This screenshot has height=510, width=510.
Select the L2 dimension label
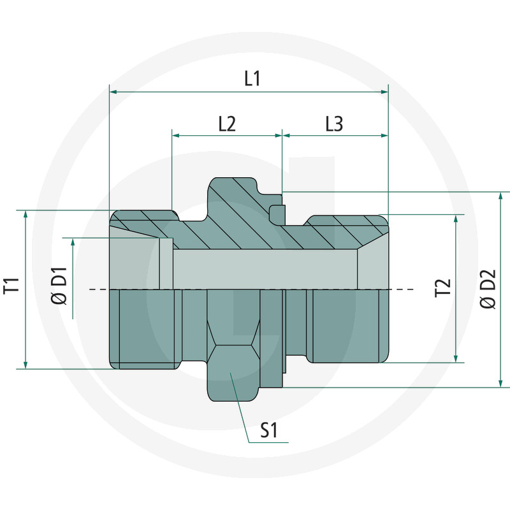pyautogui.click(x=227, y=124)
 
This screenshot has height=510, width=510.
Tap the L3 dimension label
pyautogui.click(x=334, y=124)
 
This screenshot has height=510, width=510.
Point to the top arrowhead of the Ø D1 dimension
pyautogui.click(x=73, y=243)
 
